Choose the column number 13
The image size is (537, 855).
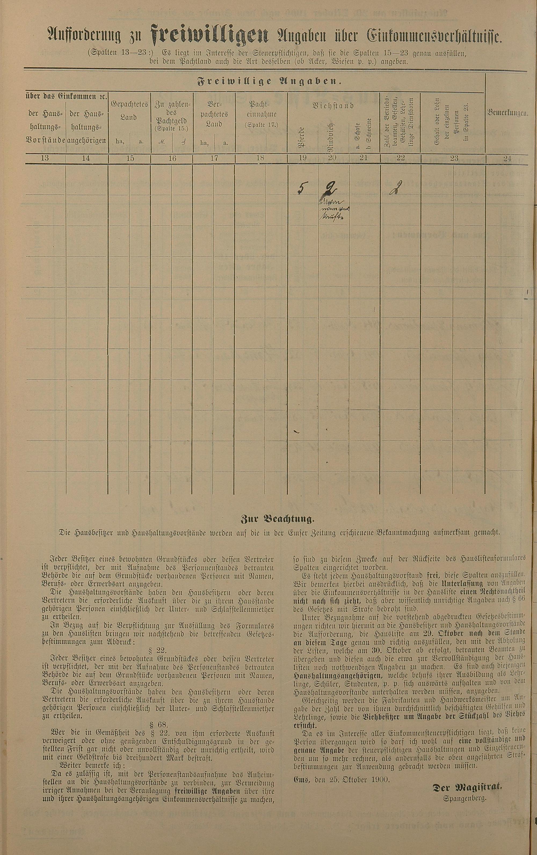(x=45, y=158)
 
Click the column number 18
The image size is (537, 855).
(x=260, y=158)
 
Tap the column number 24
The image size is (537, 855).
(x=507, y=159)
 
